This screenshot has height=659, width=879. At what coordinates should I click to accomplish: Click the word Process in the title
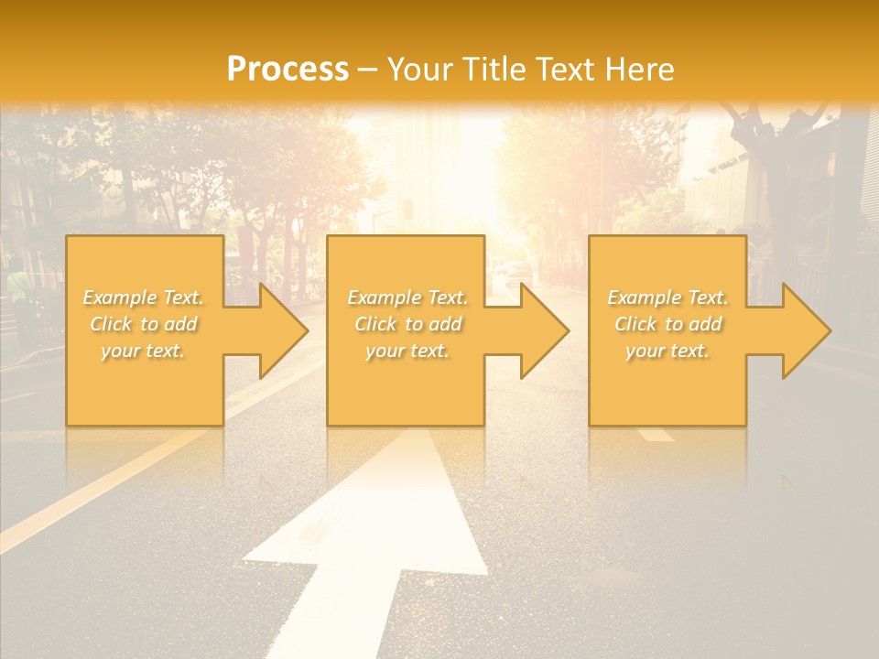coord(288,70)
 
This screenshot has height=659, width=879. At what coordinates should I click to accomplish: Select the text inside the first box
coord(144,324)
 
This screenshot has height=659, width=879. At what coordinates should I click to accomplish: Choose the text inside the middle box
coord(407,324)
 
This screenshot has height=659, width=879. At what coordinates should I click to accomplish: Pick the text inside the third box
coord(667,324)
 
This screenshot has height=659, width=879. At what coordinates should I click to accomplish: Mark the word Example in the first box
coord(119,297)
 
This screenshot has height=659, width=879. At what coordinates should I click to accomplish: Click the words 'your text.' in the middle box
coord(407,351)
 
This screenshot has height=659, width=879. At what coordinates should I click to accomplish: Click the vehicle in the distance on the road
coord(517,272)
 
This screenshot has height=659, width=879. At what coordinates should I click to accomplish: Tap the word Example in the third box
coord(643,297)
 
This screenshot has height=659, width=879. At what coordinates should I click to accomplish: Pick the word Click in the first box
coord(110,324)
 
